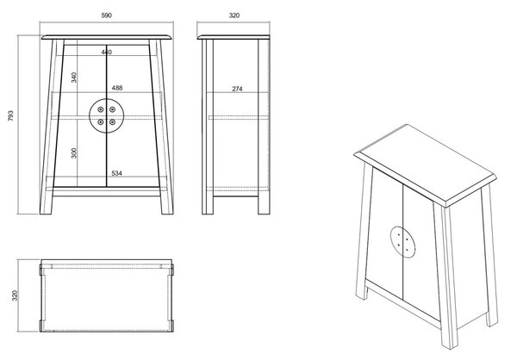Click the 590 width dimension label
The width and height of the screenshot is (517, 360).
click(107, 16)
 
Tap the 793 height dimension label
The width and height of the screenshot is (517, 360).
click(11, 115)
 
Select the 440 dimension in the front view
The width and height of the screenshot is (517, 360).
click(107, 52)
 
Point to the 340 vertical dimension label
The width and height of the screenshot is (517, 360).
click(74, 78)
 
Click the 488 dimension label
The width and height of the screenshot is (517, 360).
click(117, 88)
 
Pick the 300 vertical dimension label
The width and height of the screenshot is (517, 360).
click(74, 153)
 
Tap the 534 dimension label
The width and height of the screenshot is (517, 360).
click(116, 173)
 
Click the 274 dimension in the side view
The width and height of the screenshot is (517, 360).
click(237, 89)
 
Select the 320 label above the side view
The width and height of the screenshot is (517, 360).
click(234, 16)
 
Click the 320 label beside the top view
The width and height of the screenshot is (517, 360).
click(15, 295)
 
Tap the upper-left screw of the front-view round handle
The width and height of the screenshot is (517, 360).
click(101, 109)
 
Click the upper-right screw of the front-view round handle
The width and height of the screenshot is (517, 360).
click(112, 109)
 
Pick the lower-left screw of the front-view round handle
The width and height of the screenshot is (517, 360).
click(101, 122)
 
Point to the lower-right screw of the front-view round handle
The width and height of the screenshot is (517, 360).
click(112, 122)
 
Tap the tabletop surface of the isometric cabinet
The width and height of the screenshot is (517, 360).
click(426, 163)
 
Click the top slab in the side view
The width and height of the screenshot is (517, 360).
click(234, 37)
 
